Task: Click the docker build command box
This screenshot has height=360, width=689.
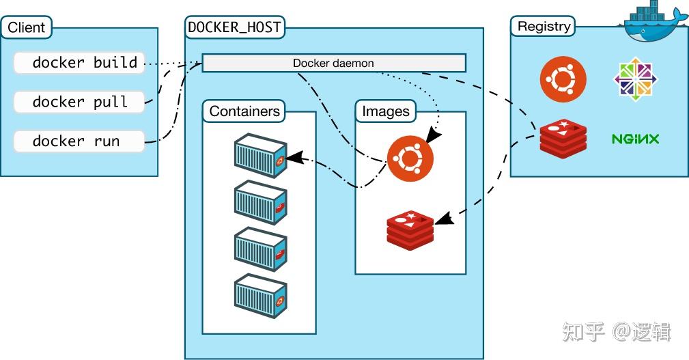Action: (x=79, y=63)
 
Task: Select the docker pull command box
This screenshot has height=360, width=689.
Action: (x=79, y=102)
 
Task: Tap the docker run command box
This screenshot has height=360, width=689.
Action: (x=79, y=141)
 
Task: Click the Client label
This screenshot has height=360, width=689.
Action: (x=27, y=27)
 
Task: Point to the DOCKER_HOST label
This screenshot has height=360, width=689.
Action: (x=234, y=27)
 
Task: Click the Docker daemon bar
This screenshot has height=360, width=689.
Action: (x=333, y=63)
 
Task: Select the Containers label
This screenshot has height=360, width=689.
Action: (x=244, y=111)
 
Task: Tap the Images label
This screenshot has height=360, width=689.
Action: (x=385, y=111)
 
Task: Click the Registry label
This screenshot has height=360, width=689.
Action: (x=544, y=27)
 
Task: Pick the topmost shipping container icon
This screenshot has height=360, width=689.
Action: (x=261, y=156)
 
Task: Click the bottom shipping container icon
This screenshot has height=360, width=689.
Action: (x=261, y=296)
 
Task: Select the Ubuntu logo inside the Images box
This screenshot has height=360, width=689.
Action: (x=410, y=158)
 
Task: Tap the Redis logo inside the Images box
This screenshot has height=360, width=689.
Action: (x=410, y=230)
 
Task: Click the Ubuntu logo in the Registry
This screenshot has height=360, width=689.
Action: (x=563, y=79)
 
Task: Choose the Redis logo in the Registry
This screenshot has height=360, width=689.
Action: (x=563, y=139)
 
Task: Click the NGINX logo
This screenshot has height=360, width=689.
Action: (x=635, y=139)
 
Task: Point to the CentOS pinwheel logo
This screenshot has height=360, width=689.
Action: (x=635, y=79)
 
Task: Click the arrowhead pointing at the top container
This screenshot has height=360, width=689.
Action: (x=295, y=158)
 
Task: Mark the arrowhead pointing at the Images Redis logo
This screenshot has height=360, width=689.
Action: (x=445, y=219)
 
